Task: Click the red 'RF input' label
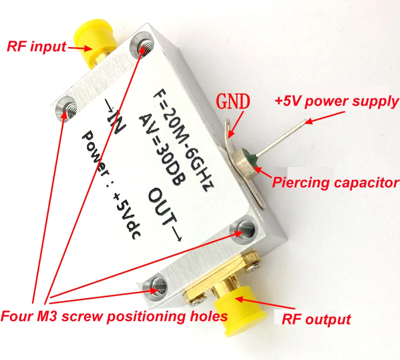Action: [36, 46]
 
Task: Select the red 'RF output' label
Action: [316, 319]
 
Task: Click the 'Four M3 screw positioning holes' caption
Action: [114, 316]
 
